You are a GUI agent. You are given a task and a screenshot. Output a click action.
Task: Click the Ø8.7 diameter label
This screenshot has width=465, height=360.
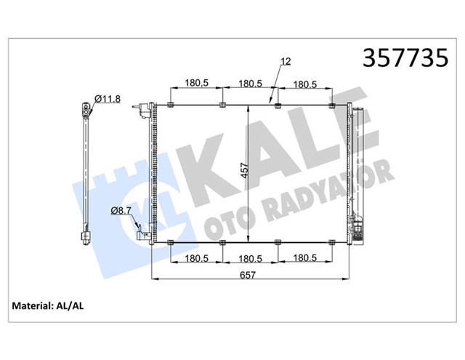121,211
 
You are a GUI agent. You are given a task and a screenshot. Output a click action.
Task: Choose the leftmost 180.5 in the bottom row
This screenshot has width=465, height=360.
196,258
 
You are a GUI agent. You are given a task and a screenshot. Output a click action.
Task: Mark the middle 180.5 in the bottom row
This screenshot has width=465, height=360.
251,258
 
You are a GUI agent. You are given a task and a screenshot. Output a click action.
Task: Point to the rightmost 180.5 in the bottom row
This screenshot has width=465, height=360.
306,258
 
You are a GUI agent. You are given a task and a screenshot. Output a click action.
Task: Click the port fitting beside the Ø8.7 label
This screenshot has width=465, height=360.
142,233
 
